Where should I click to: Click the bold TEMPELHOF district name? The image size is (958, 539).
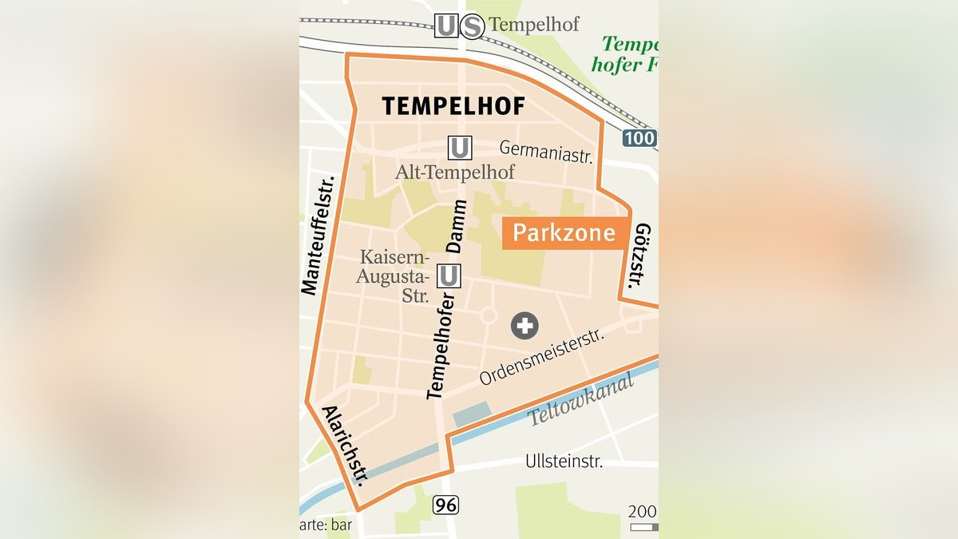(453, 106)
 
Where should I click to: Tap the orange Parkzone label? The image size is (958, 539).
(564, 232)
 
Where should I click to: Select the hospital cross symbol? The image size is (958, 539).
(525, 325)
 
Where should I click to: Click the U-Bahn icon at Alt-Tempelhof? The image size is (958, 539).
(460, 148)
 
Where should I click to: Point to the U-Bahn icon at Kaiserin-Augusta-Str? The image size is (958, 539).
(449, 276)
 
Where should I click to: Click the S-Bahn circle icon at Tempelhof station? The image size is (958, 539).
(472, 26)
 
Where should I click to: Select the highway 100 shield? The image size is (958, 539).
(639, 138)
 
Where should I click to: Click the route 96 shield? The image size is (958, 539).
(446, 505)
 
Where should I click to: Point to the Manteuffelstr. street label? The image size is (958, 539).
(320, 235)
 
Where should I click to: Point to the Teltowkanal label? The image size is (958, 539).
(580, 398)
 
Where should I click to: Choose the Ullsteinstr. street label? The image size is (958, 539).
(564, 462)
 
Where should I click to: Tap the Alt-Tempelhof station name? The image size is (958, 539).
(455, 172)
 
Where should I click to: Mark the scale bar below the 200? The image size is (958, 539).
(643, 527)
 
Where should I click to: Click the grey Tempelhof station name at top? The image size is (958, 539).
(534, 25)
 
